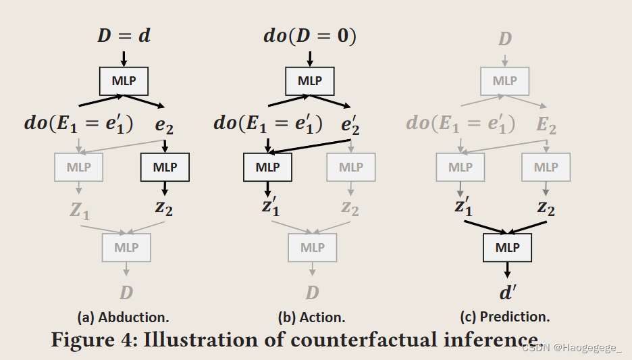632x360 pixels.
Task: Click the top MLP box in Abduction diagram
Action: [124, 81]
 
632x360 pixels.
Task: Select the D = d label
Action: [124, 36]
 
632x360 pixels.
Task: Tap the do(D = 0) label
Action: [309, 36]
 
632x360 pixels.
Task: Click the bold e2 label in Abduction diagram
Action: [165, 124]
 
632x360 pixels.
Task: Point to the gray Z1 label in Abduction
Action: [80, 210]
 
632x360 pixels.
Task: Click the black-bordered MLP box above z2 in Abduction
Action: [165, 167]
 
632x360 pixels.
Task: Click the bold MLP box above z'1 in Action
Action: [267, 167]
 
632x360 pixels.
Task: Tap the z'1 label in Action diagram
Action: [270, 207]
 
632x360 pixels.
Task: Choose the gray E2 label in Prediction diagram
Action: [546, 124]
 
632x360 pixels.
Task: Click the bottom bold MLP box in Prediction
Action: [507, 247]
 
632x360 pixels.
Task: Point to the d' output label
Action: [508, 293]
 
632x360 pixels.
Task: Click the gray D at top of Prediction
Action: [505, 38]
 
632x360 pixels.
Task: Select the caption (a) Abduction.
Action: [123, 317]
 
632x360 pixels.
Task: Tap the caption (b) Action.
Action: [311, 317]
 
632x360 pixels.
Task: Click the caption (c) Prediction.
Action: [504, 317]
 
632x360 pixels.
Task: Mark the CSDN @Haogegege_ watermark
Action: [572, 347]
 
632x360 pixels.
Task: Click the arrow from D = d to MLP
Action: [124, 58]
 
